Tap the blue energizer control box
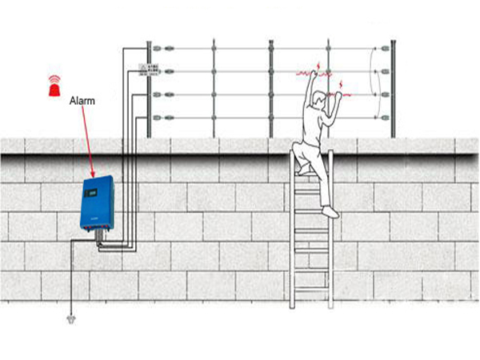coord(98,205)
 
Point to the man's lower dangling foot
coord(330,214)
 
